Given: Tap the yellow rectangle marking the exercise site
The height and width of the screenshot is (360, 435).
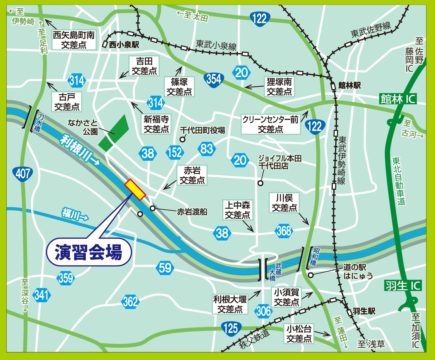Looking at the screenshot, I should [135, 190].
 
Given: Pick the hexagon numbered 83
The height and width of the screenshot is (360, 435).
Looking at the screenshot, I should [207, 149].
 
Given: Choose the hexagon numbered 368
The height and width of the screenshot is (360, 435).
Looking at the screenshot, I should [284, 231].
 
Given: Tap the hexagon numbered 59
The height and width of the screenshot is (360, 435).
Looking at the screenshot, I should [165, 267].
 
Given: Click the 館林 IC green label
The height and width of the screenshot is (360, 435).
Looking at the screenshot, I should [398, 99].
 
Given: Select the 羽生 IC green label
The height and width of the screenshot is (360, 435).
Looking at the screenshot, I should [403, 286].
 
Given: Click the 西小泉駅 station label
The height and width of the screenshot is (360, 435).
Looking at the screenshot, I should [124, 45].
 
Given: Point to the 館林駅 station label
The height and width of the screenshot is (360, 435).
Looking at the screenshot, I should [349, 86].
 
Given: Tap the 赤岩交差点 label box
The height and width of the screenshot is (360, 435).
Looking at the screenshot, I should [192, 175].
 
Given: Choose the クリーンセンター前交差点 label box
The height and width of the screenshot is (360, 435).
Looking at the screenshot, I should [270, 124].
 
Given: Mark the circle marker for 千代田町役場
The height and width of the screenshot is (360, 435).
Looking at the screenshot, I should [183, 140].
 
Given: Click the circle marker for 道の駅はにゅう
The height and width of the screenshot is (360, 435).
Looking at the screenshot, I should [311, 275].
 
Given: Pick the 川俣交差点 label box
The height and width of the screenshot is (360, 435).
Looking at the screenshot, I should [284, 203].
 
